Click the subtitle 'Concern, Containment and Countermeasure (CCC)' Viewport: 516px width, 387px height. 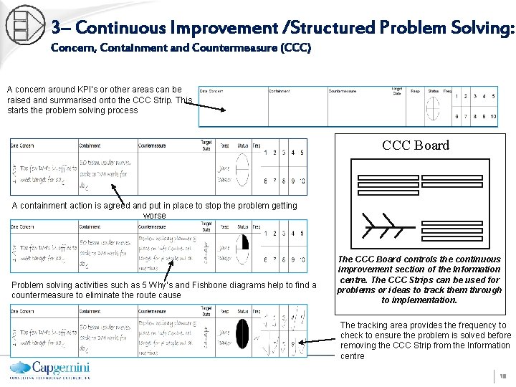pyautogui.click(x=181, y=49)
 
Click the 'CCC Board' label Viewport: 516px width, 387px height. pyautogui.click(x=416, y=145)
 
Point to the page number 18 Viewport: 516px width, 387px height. pyautogui.click(x=503, y=376)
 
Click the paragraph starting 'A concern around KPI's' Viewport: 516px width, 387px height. pyautogui.click(x=99, y=100)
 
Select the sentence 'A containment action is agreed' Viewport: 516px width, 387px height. pyautogui.click(x=154, y=210)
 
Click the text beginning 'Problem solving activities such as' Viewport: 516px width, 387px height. pyautogui.click(x=163, y=290)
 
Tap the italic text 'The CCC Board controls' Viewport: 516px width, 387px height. pyautogui.click(x=419, y=279)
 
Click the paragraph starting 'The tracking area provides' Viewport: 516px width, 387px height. pyautogui.click(x=426, y=340)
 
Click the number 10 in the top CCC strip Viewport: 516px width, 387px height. pyautogui.click(x=492, y=116)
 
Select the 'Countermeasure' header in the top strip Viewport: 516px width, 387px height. pyautogui.click(x=343, y=91)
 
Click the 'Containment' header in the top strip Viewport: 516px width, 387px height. pyautogui.click(x=279, y=91)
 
